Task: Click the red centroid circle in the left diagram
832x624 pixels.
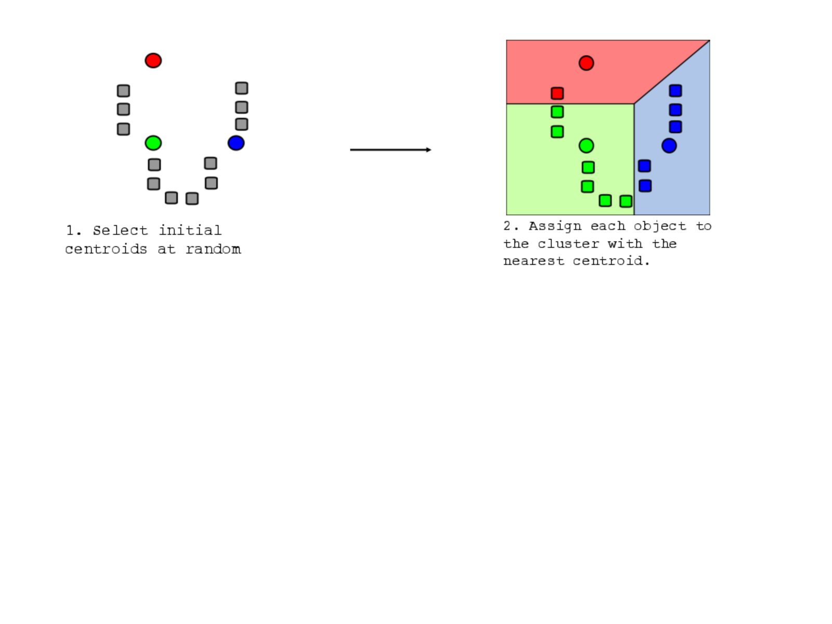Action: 153,61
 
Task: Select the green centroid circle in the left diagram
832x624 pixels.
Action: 153,143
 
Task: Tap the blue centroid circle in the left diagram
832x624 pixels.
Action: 236,143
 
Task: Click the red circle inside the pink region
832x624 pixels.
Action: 586,63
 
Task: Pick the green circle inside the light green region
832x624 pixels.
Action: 586,146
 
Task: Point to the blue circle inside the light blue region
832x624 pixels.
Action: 669,146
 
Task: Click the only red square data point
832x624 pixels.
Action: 557,93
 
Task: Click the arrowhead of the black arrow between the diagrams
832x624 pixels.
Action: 428,150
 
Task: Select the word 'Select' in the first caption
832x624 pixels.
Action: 120,230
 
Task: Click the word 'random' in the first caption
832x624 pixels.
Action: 213,249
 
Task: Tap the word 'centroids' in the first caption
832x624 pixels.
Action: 106,249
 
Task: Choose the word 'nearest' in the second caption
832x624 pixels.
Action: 534,261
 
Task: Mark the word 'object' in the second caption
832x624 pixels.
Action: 660,227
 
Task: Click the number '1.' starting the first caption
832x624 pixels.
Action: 73,230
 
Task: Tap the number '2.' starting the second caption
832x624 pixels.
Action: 511,226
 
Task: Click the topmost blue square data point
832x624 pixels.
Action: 675,91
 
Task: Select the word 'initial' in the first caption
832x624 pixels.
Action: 189,230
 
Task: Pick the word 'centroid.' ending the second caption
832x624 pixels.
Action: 611,261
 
